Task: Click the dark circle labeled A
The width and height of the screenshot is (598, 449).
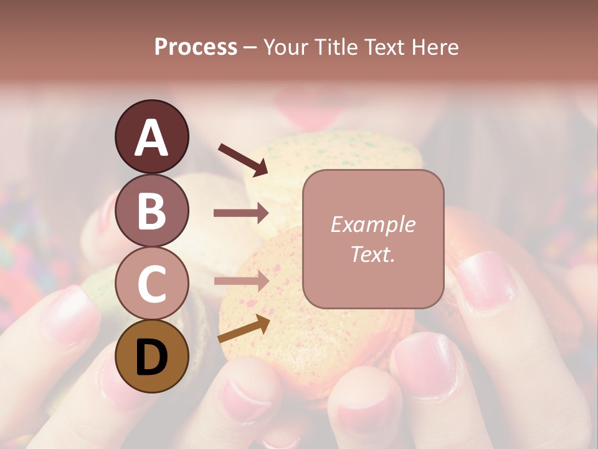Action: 151,137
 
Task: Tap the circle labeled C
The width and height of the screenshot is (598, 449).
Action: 151,283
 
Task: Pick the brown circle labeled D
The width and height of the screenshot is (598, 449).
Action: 151,357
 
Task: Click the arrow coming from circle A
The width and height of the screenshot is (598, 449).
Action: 243,160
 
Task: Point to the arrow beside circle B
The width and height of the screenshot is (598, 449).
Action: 241,213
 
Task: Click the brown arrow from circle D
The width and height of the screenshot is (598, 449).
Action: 244,329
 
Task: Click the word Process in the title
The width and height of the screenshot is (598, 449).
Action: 196,47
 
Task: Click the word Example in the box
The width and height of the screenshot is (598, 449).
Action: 373,224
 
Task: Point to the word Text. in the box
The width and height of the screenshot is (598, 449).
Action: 373,254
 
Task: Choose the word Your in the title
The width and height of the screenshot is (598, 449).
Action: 287,47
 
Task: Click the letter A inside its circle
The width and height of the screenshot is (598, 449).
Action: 151,138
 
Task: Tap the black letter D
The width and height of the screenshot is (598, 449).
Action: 151,357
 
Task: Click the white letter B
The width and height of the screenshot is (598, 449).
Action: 151,210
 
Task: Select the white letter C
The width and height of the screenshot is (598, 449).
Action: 151,284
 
